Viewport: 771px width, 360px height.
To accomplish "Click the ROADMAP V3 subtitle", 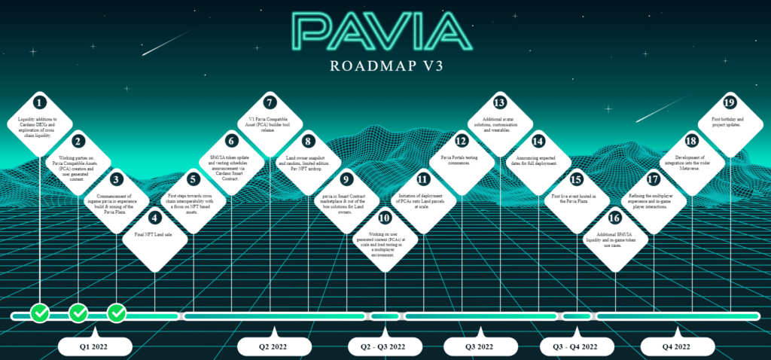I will coord(385,65).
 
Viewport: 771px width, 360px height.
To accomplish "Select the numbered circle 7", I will coord(270,102).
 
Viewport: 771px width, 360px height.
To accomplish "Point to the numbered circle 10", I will coord(385,218).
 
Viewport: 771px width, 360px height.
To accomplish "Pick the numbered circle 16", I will coord(615,218).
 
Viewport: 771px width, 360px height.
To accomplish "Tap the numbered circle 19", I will coord(729,102).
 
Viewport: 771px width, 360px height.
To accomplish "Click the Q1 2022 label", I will coord(93,346).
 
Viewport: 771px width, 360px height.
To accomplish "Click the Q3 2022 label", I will coord(480,346).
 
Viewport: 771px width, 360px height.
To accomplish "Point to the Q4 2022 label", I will coord(676,346).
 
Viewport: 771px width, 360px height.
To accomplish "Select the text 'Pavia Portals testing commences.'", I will coord(462,160).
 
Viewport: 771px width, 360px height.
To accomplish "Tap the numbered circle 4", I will coord(154,218).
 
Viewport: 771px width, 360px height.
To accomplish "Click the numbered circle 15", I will coord(577,180).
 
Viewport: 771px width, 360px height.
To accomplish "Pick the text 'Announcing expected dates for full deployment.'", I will coord(538,161).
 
